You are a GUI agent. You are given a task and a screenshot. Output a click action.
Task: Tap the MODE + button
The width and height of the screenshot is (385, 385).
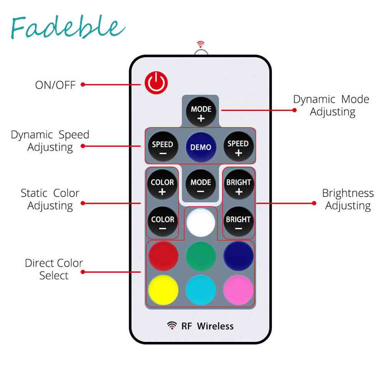click(x=201, y=113)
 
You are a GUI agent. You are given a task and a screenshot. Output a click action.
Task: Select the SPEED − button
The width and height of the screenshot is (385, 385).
click(x=163, y=147)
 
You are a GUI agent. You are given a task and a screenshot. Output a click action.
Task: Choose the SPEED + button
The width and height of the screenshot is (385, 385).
click(x=238, y=147)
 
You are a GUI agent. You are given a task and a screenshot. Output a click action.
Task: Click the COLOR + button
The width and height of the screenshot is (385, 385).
click(x=163, y=185)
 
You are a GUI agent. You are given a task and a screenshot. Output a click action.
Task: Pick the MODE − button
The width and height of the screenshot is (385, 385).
click(x=201, y=185)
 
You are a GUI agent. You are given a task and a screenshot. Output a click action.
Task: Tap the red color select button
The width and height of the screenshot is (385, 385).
click(x=163, y=256)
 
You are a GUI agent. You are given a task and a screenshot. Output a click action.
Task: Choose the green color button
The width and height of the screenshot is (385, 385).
click(x=201, y=256)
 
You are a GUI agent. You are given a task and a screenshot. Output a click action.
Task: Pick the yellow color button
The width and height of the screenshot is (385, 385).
click(x=163, y=290)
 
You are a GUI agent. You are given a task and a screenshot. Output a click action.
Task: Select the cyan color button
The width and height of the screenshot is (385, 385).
click(x=201, y=290)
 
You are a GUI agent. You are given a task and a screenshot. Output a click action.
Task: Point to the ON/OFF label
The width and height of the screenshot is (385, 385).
click(x=55, y=85)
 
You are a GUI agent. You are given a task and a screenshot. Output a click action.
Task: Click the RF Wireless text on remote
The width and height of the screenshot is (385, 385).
click(x=207, y=326)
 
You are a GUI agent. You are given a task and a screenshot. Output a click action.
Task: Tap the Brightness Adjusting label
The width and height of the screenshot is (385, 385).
click(x=348, y=199)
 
